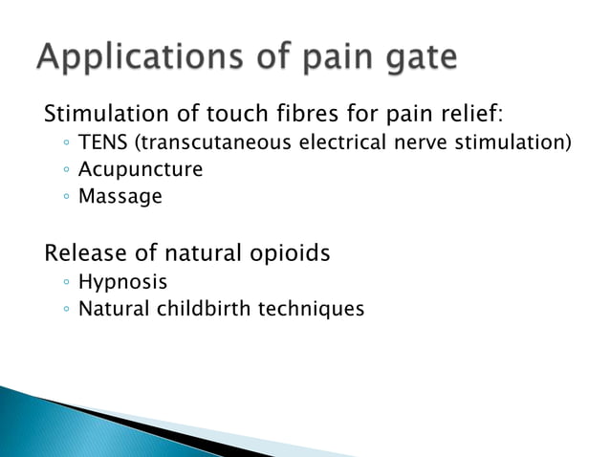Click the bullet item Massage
120,197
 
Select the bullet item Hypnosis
123,283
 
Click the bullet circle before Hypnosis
62,283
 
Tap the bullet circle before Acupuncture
62,171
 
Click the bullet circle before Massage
62,198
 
